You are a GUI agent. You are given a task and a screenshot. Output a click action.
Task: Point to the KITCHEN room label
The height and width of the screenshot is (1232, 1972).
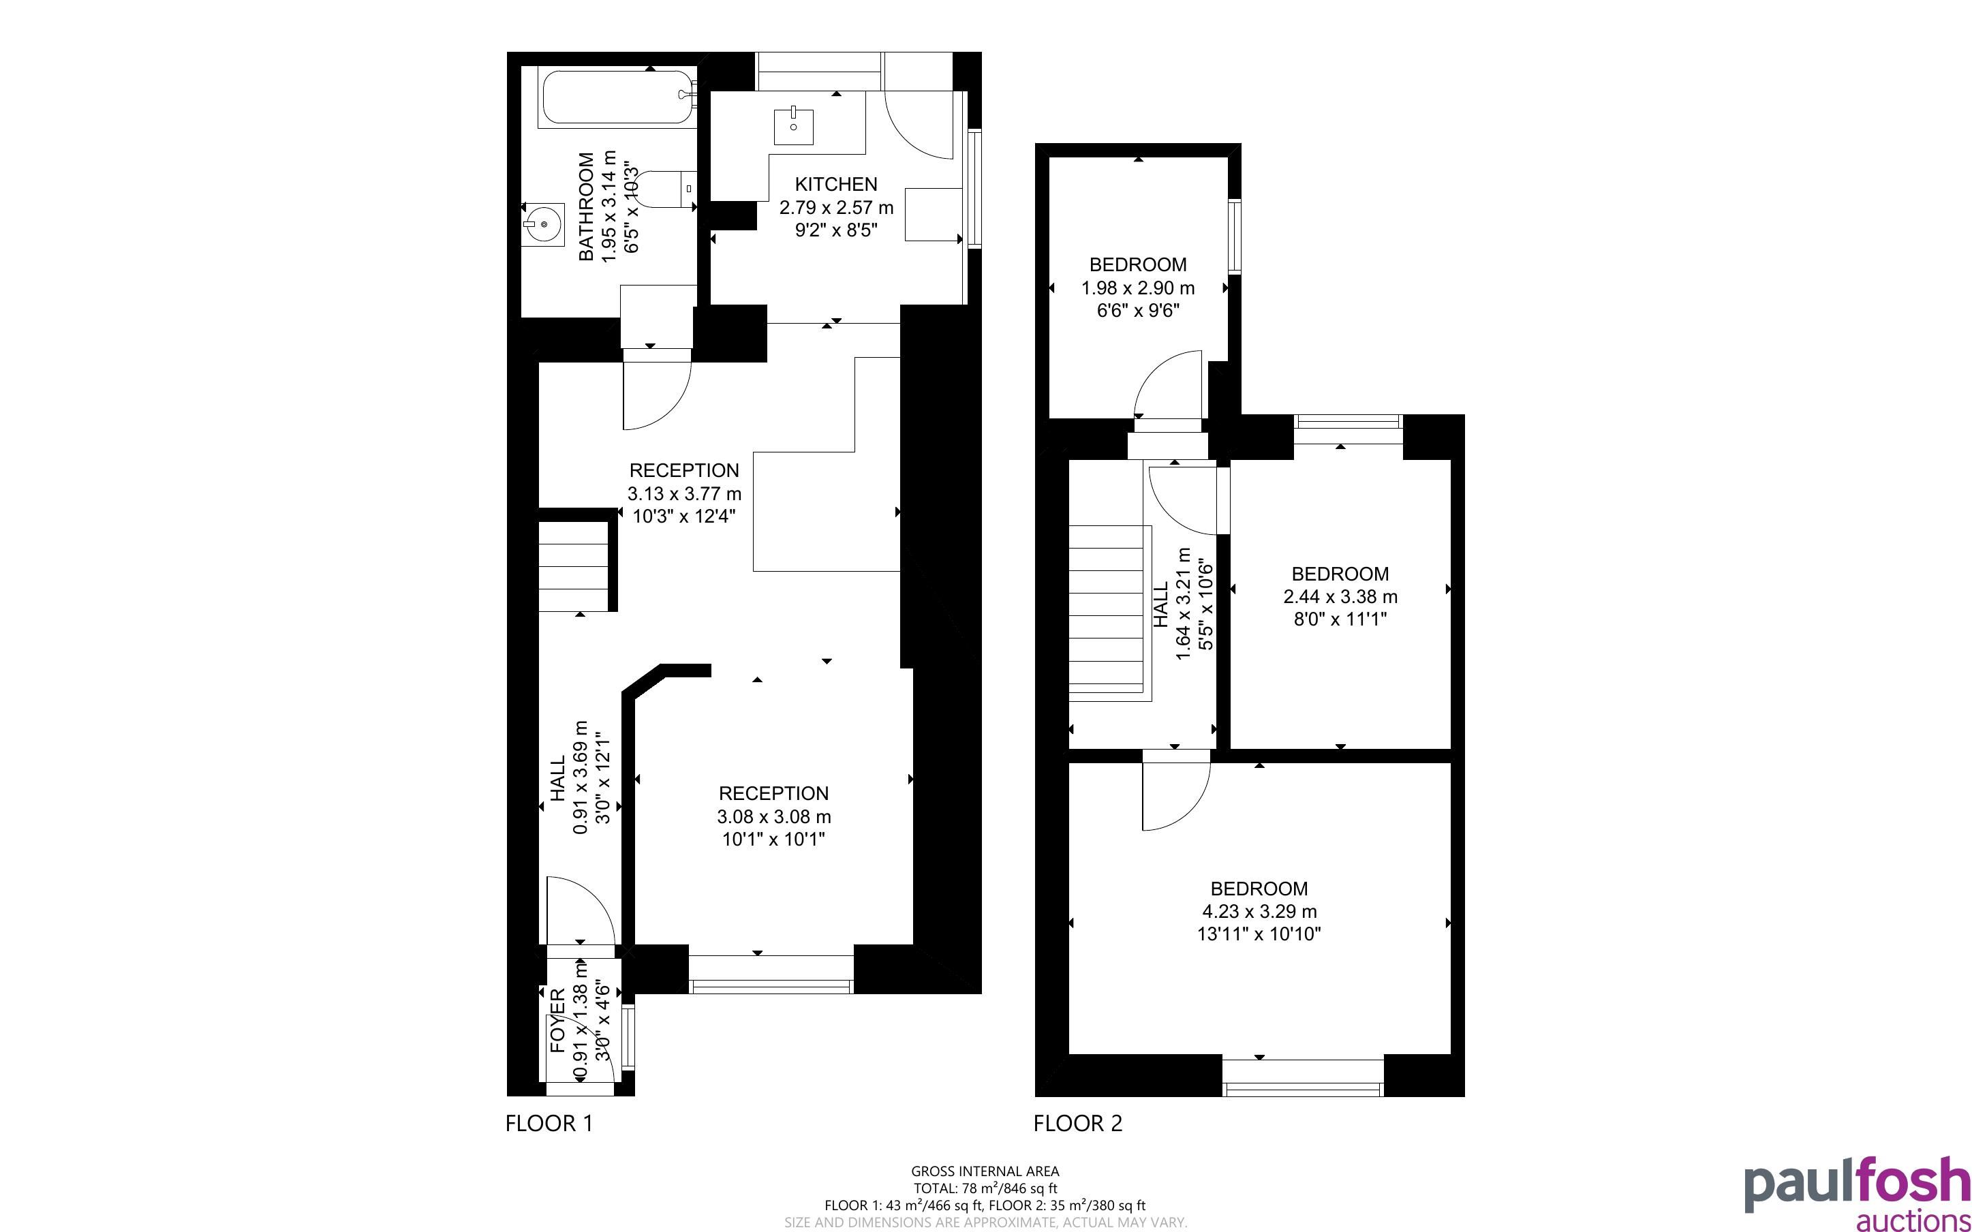tap(835, 184)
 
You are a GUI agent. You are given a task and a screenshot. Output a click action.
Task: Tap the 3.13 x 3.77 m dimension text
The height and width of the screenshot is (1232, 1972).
tap(684, 494)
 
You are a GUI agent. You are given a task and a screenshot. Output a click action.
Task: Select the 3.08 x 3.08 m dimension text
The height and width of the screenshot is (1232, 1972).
tap(774, 816)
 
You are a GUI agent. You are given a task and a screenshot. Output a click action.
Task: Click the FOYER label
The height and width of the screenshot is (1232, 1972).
tap(558, 1021)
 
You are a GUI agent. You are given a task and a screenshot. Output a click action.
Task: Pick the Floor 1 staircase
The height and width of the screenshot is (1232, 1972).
tap(574, 567)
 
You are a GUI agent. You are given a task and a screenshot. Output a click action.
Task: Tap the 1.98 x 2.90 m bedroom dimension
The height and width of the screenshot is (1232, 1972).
tap(1138, 288)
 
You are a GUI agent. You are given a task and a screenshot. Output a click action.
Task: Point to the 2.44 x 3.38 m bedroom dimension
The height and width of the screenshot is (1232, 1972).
tap(1340, 596)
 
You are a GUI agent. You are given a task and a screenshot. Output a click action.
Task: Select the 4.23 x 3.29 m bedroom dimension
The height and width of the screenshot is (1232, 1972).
tap(1259, 912)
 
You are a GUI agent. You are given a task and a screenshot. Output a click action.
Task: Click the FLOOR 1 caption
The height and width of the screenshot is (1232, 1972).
tap(549, 1124)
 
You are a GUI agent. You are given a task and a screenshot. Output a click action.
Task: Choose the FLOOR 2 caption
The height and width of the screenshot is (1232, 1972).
tap(1077, 1124)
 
